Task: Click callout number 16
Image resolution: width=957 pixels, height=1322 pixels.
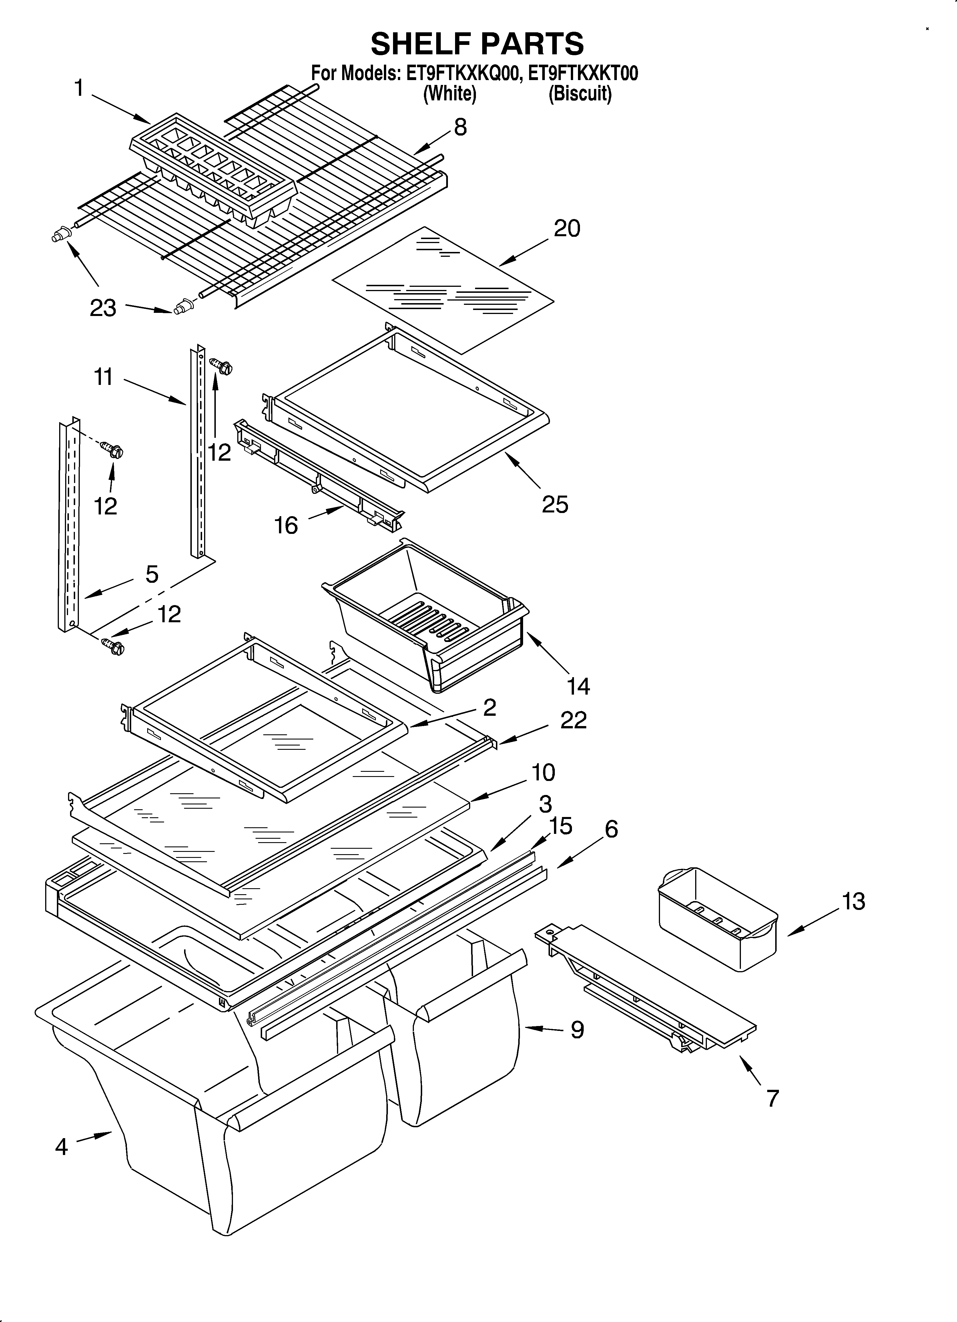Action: click(286, 525)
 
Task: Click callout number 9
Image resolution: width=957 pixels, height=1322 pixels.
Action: click(577, 1029)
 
